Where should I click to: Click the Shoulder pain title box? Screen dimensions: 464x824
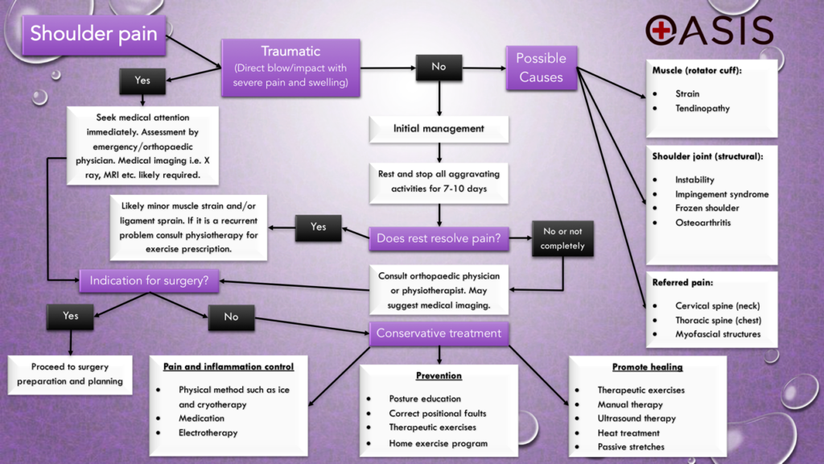(95, 35)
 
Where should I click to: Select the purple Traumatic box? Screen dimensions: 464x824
(290, 67)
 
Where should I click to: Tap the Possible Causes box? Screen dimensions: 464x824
(541, 68)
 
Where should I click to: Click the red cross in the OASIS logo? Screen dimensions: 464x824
(662, 30)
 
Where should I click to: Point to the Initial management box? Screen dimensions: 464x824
(439, 128)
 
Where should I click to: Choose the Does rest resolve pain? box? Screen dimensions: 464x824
(439, 238)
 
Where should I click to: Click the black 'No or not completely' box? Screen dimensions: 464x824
(562, 238)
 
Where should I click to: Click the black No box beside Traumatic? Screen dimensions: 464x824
(439, 67)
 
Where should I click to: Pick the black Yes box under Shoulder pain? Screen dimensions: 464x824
(142, 81)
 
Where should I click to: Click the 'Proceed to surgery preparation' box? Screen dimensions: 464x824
(70, 375)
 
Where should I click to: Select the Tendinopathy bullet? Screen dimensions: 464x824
(702, 108)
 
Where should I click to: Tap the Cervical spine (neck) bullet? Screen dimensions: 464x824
(717, 305)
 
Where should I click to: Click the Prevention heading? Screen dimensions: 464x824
(439, 375)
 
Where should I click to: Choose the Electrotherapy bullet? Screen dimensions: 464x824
(208, 433)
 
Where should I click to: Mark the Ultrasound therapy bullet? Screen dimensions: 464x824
(636, 419)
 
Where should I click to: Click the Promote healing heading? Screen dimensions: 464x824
(647, 367)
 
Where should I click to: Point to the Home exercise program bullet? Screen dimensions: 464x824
(438, 442)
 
